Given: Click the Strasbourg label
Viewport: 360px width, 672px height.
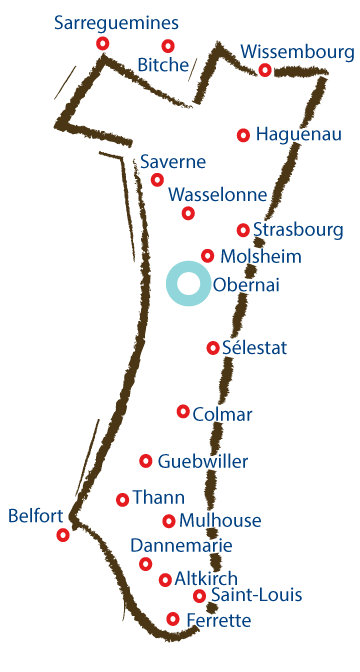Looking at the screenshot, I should pos(298,230).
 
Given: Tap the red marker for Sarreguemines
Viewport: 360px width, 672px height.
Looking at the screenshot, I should pos(102,44).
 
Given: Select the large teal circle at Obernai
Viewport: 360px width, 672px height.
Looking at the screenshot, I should pos(188,283).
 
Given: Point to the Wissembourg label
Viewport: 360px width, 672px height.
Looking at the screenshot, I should pos(298,51).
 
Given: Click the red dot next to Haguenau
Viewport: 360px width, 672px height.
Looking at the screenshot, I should pos(243,135).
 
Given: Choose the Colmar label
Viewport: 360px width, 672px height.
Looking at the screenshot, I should pos(222,414).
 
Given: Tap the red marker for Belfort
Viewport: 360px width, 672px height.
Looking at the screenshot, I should pos(63,535).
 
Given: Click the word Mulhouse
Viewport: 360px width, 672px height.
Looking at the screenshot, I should pos(220,520).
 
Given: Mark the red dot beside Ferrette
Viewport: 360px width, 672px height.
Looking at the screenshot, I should pos(173,619).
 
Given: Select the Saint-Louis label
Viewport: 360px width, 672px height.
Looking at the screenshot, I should pos(256,596).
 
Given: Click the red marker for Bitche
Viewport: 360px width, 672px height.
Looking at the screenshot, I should pos(168,45).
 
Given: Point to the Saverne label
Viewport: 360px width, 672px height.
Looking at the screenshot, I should pos(173,162).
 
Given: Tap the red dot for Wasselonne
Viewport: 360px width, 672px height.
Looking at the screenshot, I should pos(188,213).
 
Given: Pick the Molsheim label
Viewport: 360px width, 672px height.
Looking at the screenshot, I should pos(261,256).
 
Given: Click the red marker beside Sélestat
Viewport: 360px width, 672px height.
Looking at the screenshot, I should pos(212,348).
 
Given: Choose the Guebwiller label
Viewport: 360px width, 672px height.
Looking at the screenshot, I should pos(203,461).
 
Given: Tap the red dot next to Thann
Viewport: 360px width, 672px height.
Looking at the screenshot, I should pos(123,499).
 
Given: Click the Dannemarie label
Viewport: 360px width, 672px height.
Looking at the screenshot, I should pos(181,545).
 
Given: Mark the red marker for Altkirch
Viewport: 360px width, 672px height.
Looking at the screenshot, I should pos(165,580).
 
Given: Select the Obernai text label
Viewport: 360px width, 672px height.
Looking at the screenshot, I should pos(246,286).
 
